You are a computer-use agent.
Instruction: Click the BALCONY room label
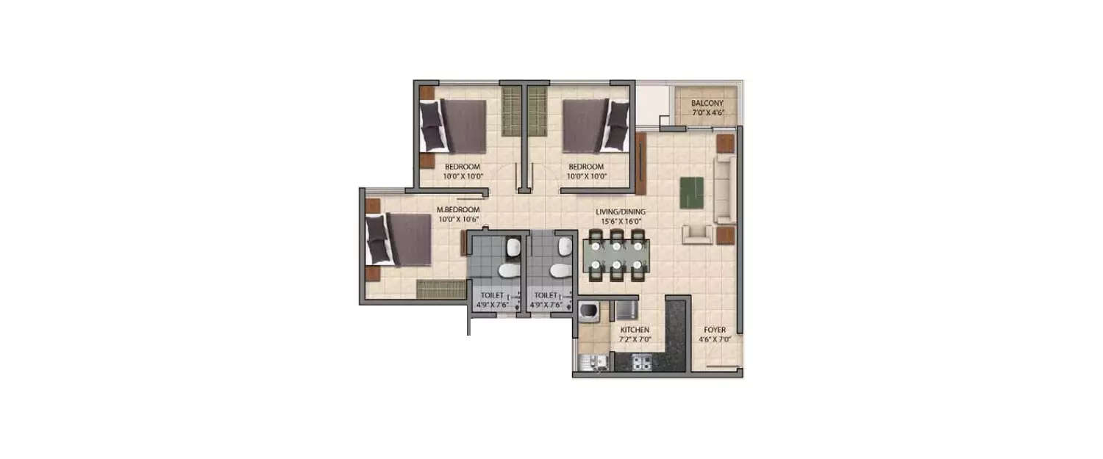[x=707, y=104]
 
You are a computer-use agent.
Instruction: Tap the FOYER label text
[x=715, y=330]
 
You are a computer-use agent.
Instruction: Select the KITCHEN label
[x=633, y=330]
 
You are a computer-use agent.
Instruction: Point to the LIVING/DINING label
[x=620, y=212]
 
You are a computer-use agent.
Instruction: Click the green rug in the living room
[x=691, y=192]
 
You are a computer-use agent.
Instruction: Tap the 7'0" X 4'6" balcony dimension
[x=707, y=114]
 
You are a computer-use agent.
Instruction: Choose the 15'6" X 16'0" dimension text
[x=620, y=221]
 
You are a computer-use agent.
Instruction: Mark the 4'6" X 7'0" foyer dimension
[x=715, y=340]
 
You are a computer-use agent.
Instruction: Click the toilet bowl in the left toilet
[x=508, y=272]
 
